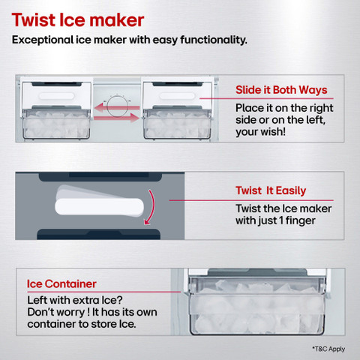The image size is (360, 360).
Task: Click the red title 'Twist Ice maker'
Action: pyautogui.click(x=78, y=20)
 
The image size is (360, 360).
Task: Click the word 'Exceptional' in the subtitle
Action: pyautogui.click(x=43, y=40)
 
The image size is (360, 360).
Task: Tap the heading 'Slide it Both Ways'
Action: pyautogui.click(x=281, y=90)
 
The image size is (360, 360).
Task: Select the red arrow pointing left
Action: pyautogui.click(x=117, y=108)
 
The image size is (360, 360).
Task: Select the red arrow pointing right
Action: pyautogui.click(x=117, y=118)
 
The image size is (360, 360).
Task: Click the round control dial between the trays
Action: pyautogui.click(x=118, y=106)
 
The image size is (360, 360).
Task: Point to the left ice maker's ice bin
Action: pyautogui.click(x=56, y=124)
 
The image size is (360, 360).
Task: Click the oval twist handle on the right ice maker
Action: pyautogui.click(x=177, y=96)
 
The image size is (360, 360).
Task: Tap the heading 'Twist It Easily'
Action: pyautogui.click(x=271, y=190)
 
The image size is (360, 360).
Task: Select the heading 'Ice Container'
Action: pyautogui.click(x=61, y=284)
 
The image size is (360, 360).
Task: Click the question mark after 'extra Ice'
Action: pyautogui.click(x=119, y=300)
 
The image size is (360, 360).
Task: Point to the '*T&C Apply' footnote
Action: pyautogui.click(x=328, y=349)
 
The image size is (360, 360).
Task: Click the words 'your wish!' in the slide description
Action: pyautogui.click(x=260, y=132)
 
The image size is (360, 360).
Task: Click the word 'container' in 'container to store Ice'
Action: pyautogui.click(x=52, y=324)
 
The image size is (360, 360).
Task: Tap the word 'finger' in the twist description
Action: pyautogui.click(x=300, y=220)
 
